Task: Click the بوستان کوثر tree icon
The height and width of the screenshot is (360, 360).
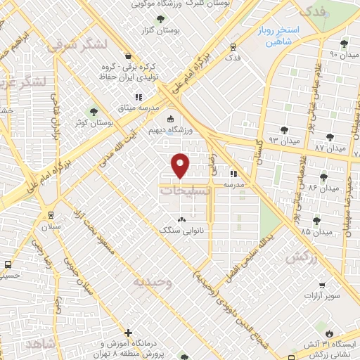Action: point(92,112)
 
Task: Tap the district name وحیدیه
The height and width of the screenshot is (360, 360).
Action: point(152,281)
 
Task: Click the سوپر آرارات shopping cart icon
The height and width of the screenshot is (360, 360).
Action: point(321,285)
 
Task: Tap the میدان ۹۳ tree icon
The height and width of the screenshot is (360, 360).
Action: point(283,130)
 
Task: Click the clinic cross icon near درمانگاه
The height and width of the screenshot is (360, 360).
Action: point(128,332)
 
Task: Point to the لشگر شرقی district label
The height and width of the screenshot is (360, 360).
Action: point(78,44)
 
